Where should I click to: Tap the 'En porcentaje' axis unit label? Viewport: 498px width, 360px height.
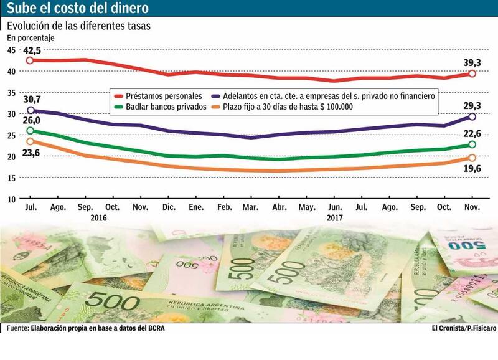31,38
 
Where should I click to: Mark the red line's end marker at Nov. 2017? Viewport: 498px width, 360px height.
472,73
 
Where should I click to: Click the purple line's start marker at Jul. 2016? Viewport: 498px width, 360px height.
29,110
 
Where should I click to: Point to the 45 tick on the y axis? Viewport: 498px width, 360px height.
12,51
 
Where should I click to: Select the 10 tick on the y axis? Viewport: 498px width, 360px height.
12,199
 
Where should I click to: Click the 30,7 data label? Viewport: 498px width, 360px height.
32,99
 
